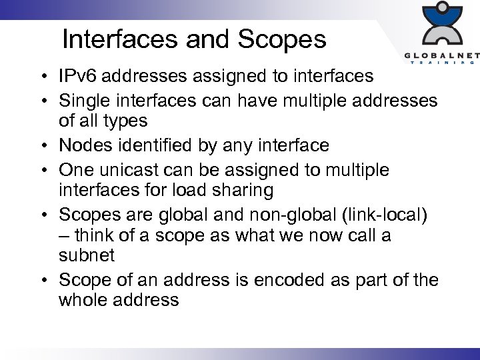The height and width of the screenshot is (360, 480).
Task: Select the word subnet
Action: tap(87, 255)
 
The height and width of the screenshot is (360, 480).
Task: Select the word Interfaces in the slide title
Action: tap(121, 40)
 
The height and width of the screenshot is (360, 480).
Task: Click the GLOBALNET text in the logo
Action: tap(440, 55)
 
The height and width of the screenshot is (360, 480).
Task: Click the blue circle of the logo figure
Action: tap(441, 12)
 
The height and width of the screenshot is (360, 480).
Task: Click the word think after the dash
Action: tap(97, 235)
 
